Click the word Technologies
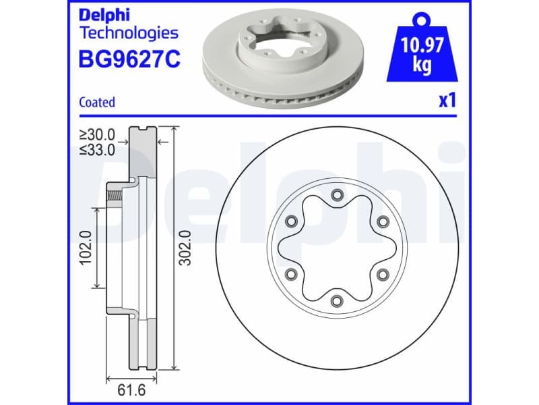click(129, 32)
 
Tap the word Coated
click(97, 103)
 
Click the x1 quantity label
click(447, 101)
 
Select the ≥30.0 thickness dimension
click(96, 136)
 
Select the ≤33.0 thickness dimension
click(96, 150)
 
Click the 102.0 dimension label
click(86, 248)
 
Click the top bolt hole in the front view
click(337, 196)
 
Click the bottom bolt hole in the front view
click(337, 300)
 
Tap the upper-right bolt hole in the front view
click(383, 221)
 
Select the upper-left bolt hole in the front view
click(291, 221)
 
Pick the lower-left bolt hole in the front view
click(291, 274)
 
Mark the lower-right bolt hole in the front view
click(383, 274)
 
